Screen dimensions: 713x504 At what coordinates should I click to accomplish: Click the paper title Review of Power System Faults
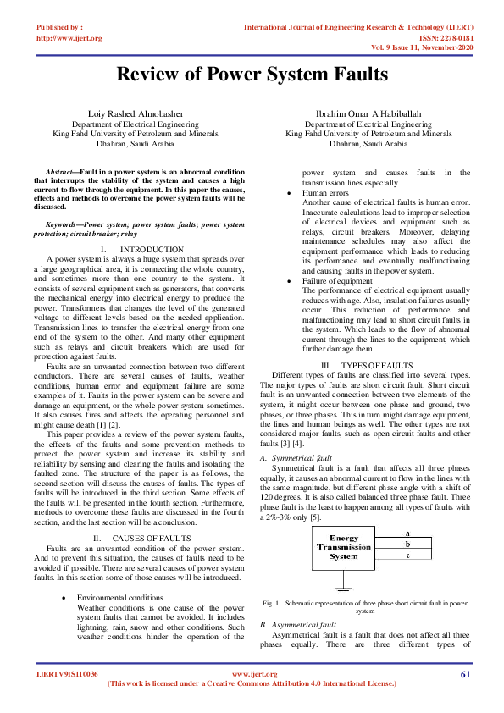click(252, 75)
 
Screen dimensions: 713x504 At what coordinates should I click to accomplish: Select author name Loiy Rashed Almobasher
click(125, 113)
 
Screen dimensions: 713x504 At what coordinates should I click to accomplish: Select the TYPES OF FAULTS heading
click(377, 364)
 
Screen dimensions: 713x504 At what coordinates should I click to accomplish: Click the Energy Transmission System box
click(344, 547)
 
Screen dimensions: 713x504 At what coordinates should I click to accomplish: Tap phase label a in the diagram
click(408, 533)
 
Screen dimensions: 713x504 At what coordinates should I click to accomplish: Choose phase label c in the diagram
click(408, 556)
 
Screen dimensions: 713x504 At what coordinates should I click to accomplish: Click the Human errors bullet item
click(325, 193)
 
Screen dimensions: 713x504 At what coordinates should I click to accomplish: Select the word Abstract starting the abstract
click(59, 171)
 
